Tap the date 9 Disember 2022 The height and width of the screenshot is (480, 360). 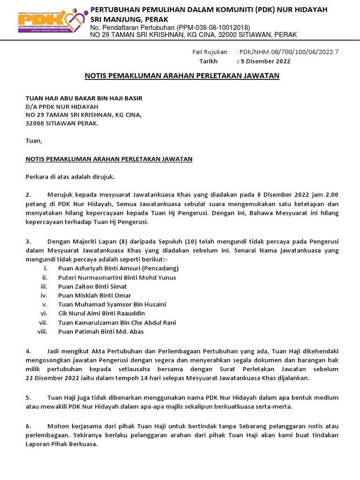[x=264, y=61]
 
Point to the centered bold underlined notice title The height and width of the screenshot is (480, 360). [x=181, y=75]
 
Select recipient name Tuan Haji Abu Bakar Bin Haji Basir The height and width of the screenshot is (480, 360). [x=83, y=98]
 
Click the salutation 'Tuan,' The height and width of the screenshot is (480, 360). [x=33, y=141]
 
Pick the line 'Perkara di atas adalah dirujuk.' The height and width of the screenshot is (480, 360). [x=69, y=177]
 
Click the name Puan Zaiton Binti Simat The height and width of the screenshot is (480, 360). [x=92, y=286]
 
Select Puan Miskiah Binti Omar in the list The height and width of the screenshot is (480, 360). [x=95, y=296]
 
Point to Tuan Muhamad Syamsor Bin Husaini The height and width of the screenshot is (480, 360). [x=112, y=305]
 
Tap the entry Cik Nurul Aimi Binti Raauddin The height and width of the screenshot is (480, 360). [x=102, y=314]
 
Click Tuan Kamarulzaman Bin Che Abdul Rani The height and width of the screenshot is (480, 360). [x=117, y=323]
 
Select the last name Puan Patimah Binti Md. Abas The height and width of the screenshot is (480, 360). [x=101, y=332]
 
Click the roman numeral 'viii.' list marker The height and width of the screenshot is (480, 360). [x=43, y=332]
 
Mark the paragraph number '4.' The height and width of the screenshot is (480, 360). [x=28, y=351]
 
